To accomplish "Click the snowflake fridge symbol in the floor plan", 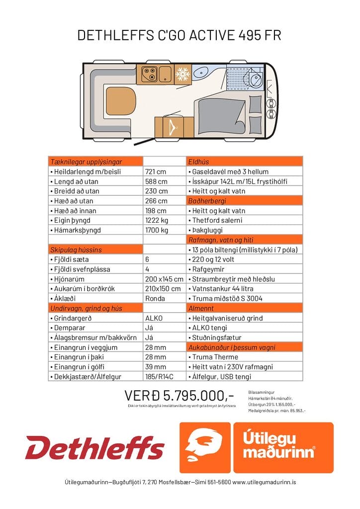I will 183,75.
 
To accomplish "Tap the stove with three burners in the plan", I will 149,75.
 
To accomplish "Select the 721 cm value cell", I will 155,171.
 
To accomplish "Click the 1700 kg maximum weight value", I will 157,230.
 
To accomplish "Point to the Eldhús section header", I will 199,162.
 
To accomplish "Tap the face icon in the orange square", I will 204,447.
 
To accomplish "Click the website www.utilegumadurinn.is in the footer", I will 264,482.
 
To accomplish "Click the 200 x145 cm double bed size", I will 164,279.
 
